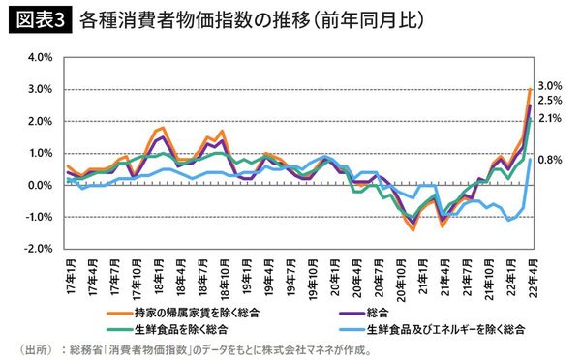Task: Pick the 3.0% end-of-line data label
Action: [x=549, y=85]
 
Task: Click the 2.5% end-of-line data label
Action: [x=549, y=100]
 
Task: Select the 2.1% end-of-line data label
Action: [x=549, y=118]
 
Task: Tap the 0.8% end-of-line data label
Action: [x=549, y=160]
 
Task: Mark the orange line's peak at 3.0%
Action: [x=529, y=90]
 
